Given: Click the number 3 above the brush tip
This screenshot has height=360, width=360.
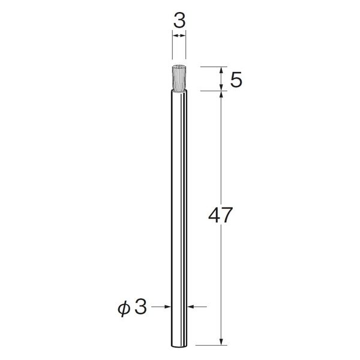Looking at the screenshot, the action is (x=179, y=20).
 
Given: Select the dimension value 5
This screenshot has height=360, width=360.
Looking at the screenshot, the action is (x=236, y=79).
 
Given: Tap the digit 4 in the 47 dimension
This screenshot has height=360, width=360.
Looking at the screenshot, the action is (x=214, y=215).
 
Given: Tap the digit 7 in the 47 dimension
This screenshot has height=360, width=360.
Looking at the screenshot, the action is (x=227, y=215).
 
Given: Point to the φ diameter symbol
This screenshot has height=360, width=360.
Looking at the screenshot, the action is (x=124, y=308).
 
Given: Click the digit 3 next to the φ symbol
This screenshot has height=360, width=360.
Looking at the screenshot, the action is (x=140, y=307).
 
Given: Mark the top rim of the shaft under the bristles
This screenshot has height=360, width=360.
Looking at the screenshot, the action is (x=179, y=91).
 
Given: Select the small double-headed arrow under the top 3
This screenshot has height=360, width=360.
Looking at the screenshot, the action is (x=179, y=35).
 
